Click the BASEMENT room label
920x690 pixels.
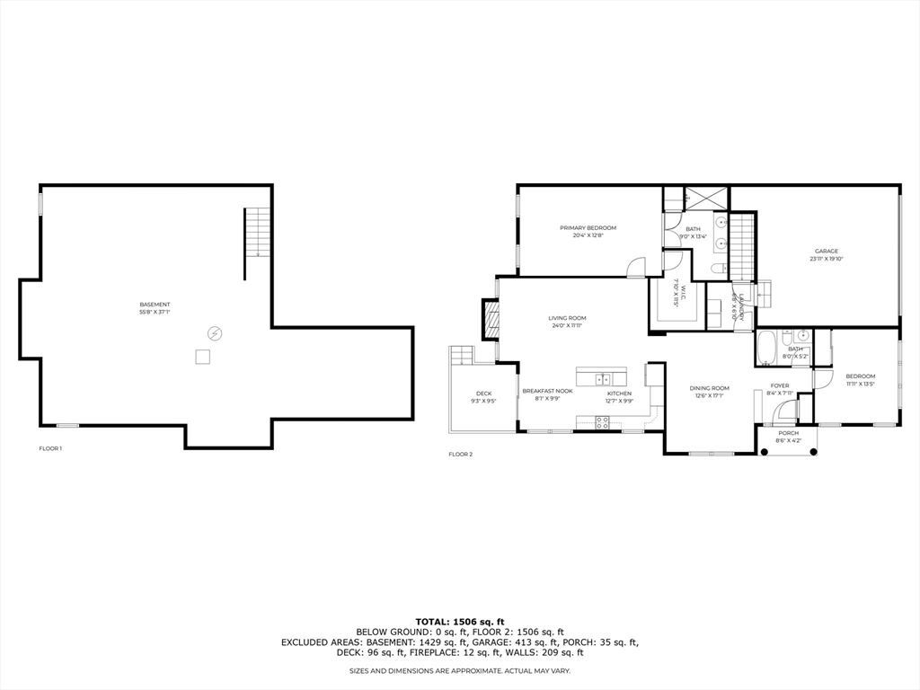point(155,304)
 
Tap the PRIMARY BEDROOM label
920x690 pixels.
point(588,228)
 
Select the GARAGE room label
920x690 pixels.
point(827,252)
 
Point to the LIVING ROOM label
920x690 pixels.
point(568,318)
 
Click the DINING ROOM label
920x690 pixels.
point(710,388)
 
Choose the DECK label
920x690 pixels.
point(483,394)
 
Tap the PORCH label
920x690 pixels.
point(788,433)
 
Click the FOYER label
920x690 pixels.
point(780,385)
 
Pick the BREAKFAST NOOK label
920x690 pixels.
point(548,392)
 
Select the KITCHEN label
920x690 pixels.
point(619,394)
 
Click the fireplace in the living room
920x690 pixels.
point(491,319)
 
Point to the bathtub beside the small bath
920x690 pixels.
point(767,348)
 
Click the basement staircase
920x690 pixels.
point(258,232)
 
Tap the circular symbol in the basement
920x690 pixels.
point(215,333)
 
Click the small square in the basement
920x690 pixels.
point(203,357)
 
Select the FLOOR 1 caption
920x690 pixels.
point(50,448)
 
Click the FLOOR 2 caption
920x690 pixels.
point(460,455)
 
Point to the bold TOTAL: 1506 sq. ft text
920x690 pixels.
point(460,622)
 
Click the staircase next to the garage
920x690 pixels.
point(740,247)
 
